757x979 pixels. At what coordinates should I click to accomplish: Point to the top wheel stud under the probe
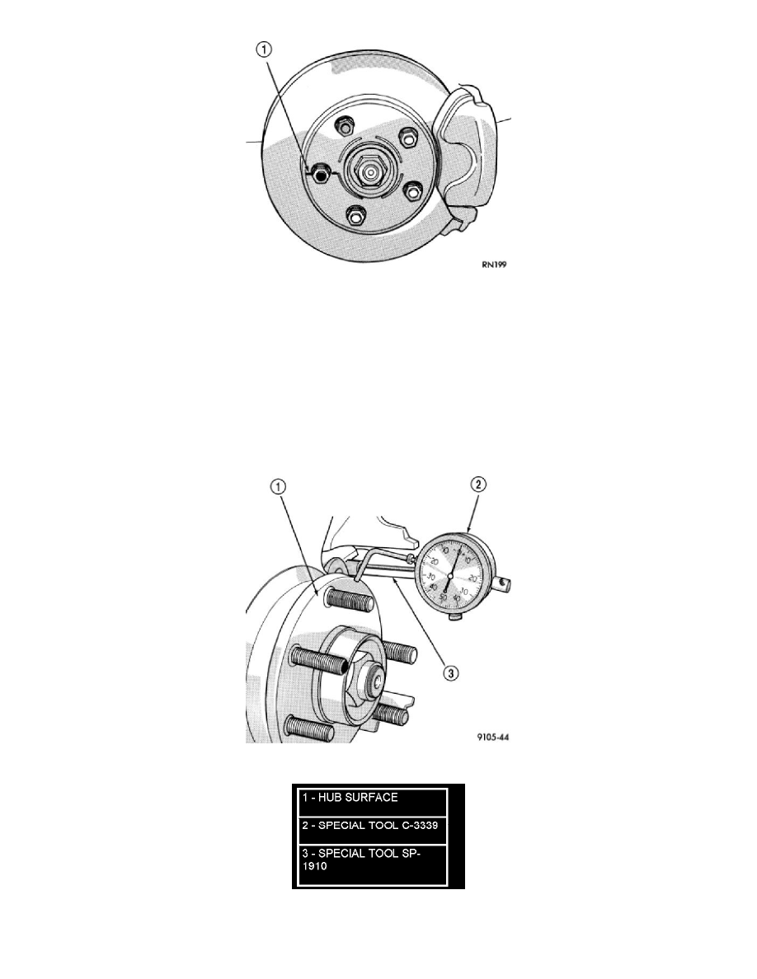coord(341,597)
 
